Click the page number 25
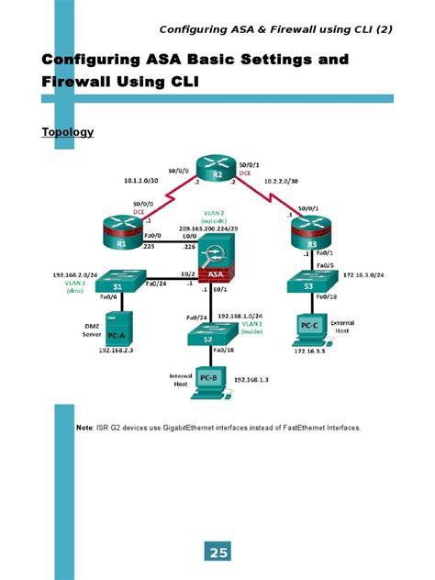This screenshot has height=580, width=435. (x=218, y=552)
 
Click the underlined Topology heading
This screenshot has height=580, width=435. (x=68, y=132)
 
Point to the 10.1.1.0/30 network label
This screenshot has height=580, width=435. (x=142, y=181)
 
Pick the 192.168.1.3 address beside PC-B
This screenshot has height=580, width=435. (x=251, y=378)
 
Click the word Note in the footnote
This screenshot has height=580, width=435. (x=84, y=428)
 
